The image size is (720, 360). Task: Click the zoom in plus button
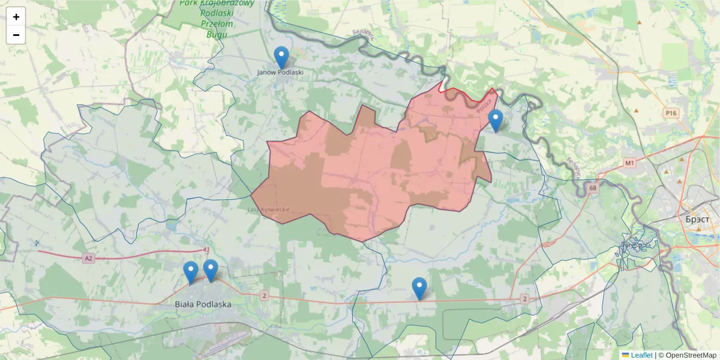(16, 17)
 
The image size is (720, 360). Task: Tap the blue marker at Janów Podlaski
(281, 58)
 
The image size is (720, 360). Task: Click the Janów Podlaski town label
(280, 73)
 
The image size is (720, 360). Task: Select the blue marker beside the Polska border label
(495, 121)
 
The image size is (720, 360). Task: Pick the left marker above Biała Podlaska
(191, 272)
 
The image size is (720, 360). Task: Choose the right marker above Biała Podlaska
(211, 271)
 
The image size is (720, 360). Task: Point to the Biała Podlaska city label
(203, 304)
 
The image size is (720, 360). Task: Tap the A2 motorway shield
(89, 259)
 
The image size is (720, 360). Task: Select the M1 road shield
(629, 163)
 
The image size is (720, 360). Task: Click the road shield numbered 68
(593, 188)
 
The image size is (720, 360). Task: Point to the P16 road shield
(670, 112)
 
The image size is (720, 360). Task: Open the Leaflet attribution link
(641, 355)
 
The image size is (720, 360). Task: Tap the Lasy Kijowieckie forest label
(269, 209)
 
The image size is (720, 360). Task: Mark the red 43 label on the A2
(206, 250)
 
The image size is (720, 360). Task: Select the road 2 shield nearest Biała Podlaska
(264, 296)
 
